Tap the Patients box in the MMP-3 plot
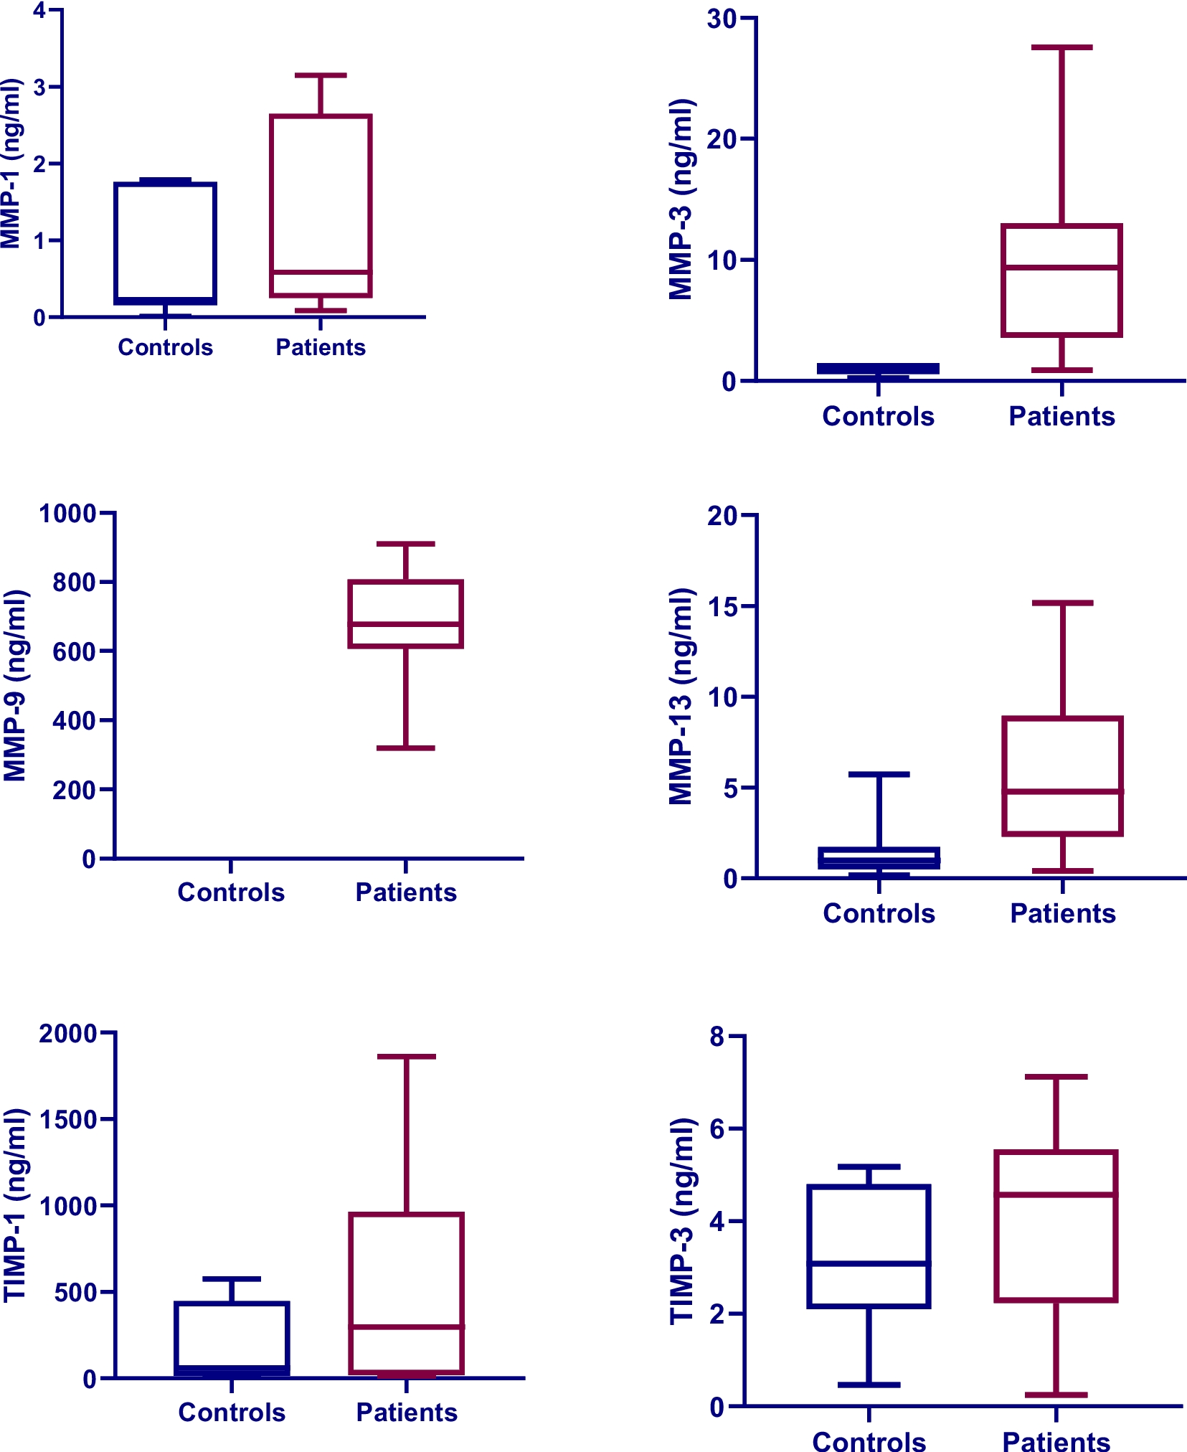(x=1061, y=280)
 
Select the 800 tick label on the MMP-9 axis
(x=74, y=583)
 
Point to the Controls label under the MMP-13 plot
(x=879, y=913)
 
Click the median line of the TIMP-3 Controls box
(x=869, y=1263)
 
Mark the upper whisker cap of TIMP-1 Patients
(x=406, y=1057)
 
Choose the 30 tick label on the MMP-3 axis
(x=722, y=19)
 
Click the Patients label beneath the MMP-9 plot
(x=406, y=892)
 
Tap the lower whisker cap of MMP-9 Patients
(x=406, y=748)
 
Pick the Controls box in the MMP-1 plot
(x=166, y=243)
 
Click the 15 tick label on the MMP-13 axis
(x=723, y=606)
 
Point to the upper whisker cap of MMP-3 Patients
(x=1061, y=47)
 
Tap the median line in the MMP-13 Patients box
(x=1062, y=791)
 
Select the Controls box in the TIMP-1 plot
(x=232, y=1338)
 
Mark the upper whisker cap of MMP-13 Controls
(x=879, y=775)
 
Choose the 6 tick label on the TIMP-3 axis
(x=717, y=1129)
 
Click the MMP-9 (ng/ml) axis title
(x=15, y=686)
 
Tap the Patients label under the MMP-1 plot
(x=321, y=347)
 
